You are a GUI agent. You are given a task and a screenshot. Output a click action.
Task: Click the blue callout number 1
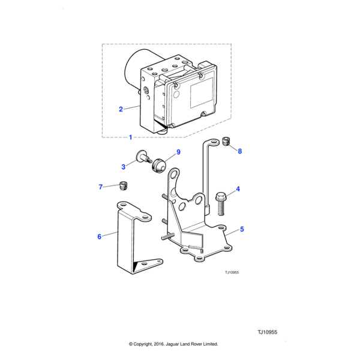click(x=131, y=137)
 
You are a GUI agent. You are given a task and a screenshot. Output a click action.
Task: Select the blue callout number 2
click(x=121, y=109)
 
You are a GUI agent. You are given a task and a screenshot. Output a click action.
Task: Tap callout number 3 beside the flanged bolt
click(x=124, y=167)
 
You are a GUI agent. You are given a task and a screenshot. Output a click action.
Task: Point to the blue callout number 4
click(x=238, y=190)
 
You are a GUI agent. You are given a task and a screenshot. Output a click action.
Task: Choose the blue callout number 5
click(x=242, y=229)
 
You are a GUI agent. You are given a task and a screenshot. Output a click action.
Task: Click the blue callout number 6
click(x=100, y=236)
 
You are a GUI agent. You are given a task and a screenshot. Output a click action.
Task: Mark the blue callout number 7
click(x=101, y=187)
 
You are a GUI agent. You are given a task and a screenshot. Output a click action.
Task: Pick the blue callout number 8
click(x=239, y=151)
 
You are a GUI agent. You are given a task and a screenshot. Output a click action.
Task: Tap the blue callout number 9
click(x=178, y=152)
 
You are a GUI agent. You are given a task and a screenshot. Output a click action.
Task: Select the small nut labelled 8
click(x=226, y=141)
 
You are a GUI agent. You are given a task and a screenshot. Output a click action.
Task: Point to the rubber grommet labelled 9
click(x=160, y=165)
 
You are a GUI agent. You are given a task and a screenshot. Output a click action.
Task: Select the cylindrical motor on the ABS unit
click(x=133, y=70)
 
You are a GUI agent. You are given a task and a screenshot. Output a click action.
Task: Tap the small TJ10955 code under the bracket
click(x=232, y=272)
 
